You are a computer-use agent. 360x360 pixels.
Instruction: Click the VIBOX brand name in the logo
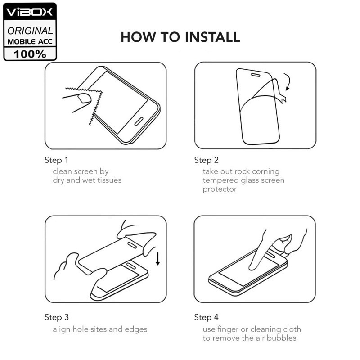pos(29,12)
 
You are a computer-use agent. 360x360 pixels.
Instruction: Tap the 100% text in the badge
pos(30,54)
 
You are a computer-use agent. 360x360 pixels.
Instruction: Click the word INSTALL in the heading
pos(212,37)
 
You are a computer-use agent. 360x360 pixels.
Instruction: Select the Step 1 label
pos(56,160)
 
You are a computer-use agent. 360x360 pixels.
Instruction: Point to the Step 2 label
pos(206,160)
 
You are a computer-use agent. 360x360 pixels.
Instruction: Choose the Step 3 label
pos(57,317)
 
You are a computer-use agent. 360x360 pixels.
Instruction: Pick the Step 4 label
pos(206,317)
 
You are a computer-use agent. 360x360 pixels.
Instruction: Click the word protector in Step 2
pos(220,189)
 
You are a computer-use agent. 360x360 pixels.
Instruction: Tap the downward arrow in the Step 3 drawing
pos(158,259)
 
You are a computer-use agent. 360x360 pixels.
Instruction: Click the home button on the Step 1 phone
pos(139,121)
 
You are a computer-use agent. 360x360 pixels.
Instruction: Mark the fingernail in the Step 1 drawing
pos(84,98)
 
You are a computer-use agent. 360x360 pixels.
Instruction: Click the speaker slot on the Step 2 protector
pos(256,75)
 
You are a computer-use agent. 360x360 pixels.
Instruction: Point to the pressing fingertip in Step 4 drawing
pos(252,267)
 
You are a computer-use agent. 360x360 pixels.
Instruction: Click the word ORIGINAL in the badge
pos(30,31)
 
